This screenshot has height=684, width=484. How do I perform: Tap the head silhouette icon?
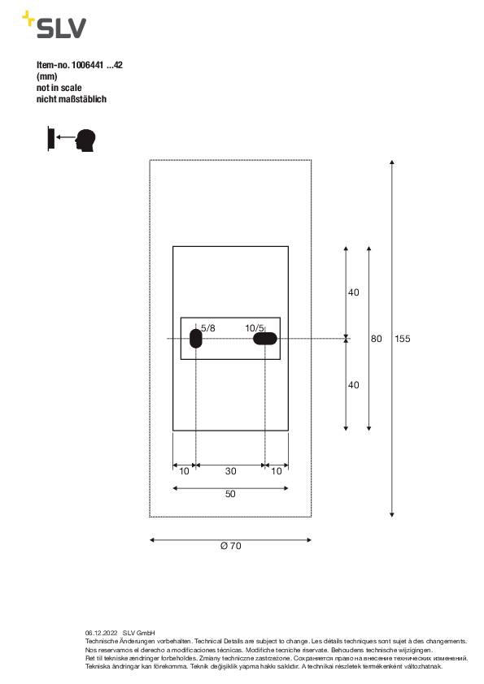click(x=85, y=140)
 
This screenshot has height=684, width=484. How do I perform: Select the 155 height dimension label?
click(x=402, y=339)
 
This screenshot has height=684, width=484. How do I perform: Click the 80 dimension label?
click(x=376, y=339)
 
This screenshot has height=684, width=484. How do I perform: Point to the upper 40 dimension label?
click(x=353, y=292)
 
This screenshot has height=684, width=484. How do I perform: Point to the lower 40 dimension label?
click(x=353, y=385)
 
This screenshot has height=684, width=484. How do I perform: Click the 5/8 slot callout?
click(x=208, y=328)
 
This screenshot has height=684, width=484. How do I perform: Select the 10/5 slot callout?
click(x=255, y=328)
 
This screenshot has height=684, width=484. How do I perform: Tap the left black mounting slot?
click(x=195, y=338)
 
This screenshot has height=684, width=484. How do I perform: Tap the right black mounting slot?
click(x=265, y=338)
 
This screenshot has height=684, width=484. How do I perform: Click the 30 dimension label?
click(x=230, y=471)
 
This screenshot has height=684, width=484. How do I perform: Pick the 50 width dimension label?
click(x=230, y=494)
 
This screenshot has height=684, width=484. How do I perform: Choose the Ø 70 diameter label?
click(x=231, y=546)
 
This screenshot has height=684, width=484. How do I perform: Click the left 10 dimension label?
click(x=184, y=471)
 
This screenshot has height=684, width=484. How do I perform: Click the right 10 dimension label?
click(x=277, y=471)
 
